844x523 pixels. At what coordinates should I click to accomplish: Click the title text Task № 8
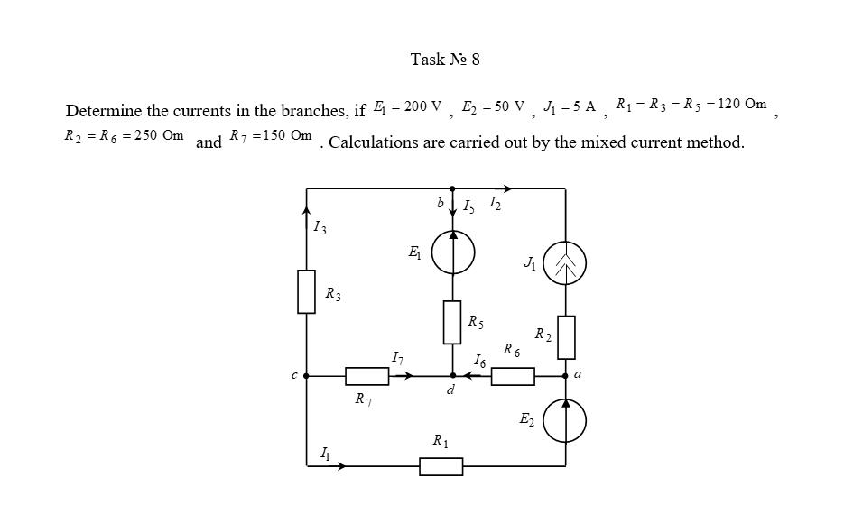point(445,60)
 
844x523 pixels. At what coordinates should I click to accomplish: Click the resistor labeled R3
point(307,292)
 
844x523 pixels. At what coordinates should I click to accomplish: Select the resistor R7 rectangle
point(367,376)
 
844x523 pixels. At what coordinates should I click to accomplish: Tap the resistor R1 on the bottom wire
point(441,466)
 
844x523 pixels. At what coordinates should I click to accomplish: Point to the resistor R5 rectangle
point(452,322)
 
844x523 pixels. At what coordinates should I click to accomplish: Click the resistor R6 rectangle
point(513,376)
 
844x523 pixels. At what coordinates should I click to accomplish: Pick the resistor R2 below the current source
point(565,336)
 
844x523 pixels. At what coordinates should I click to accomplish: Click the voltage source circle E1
point(452,252)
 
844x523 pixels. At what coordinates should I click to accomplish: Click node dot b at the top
point(452,188)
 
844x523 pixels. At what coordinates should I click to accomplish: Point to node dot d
point(452,376)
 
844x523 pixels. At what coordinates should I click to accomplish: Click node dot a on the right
point(566,376)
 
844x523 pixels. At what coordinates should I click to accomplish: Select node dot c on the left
point(307,376)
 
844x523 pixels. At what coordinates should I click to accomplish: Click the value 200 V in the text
point(422,106)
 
